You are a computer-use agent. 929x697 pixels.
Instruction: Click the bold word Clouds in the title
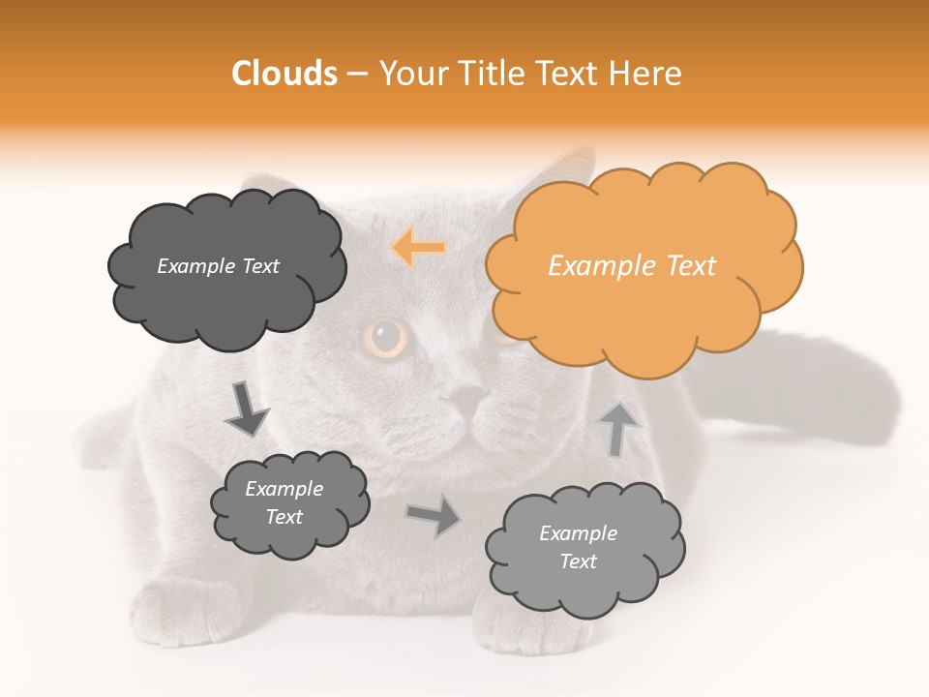tap(284, 74)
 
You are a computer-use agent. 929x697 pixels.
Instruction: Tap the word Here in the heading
tap(647, 74)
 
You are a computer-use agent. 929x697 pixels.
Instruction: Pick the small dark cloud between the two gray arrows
tap(288, 503)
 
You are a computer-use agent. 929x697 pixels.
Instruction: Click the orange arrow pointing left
tap(419, 247)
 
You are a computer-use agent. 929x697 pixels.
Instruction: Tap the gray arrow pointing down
tap(246, 408)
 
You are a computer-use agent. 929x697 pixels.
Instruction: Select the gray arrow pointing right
tap(434, 516)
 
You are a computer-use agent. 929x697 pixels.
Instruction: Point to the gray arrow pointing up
tap(618, 429)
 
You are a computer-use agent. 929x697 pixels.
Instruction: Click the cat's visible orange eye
tap(388, 338)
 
